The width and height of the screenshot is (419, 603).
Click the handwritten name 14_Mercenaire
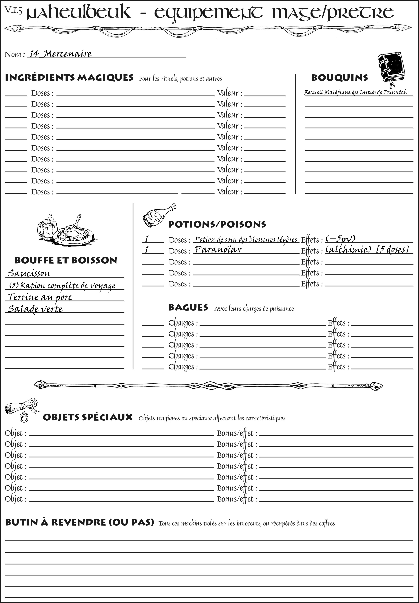click(60, 54)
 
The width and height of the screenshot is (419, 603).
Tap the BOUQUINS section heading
click(340, 78)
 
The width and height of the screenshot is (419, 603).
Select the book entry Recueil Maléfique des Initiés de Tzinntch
click(356, 92)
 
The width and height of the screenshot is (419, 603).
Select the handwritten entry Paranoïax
click(218, 249)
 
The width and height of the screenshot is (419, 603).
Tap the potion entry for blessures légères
click(246, 239)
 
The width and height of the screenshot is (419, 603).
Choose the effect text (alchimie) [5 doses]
click(367, 249)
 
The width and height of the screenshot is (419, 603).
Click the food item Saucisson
click(29, 273)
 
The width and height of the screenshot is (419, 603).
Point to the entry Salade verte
click(35, 309)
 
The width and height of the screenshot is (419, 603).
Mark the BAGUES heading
click(188, 307)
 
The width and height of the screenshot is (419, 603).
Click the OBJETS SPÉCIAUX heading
click(88, 417)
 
